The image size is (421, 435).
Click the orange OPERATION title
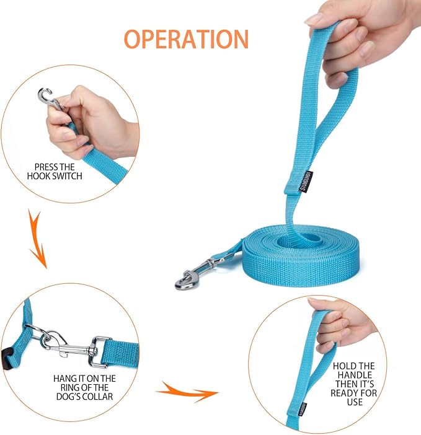click(186, 38)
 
